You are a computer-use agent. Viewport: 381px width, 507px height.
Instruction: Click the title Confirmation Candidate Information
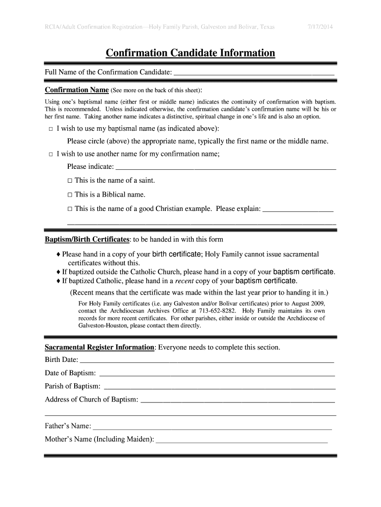pos(190,53)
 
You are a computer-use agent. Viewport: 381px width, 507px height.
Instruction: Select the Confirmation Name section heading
pos(77,90)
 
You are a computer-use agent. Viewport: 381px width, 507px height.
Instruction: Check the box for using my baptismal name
pos(50,129)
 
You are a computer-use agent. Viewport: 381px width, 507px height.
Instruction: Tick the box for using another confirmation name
pos(50,154)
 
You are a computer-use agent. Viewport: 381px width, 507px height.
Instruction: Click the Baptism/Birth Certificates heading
pos(87,240)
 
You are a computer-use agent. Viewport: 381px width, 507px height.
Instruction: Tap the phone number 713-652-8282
pos(216,311)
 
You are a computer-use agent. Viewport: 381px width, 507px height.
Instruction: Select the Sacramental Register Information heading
pos(99,347)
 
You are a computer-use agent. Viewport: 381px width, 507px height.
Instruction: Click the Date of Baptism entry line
pos(217,373)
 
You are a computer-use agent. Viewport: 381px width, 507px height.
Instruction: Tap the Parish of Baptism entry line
pos(219,387)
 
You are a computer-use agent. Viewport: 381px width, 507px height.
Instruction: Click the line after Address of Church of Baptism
pos(238,400)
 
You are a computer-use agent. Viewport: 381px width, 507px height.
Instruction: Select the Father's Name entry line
pos(212,426)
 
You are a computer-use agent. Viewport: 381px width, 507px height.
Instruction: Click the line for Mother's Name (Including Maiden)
pos(242,440)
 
